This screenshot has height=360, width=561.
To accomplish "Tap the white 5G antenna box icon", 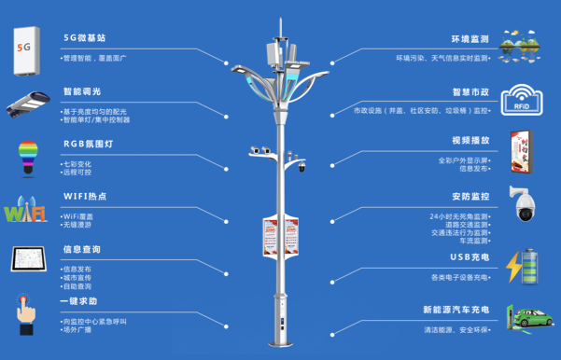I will (28, 48).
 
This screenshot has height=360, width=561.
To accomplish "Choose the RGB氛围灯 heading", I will (89, 145).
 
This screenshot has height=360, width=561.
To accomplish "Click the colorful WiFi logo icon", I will (25, 210).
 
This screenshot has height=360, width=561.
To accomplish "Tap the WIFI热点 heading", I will (85, 197).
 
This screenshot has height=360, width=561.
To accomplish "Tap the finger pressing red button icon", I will (25, 313).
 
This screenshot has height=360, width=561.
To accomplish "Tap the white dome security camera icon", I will (522, 202).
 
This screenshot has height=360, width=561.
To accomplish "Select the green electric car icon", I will (529, 317).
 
